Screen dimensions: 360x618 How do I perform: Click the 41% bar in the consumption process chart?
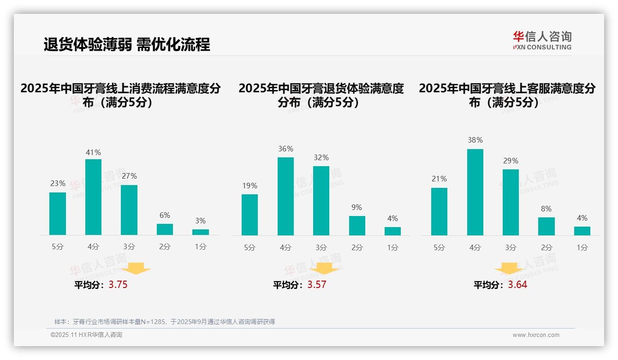pyautogui.click(x=93, y=197)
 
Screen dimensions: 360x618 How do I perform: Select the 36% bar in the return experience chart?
pyautogui.click(x=285, y=196)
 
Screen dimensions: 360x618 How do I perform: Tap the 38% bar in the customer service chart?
pyautogui.click(x=475, y=192)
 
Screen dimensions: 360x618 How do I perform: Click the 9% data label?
pyautogui.click(x=357, y=208)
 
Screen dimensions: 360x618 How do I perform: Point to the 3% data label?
pyautogui.click(x=200, y=221)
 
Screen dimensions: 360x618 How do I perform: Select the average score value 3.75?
pyautogui.click(x=118, y=285)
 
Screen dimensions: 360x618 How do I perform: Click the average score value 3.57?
pyautogui.click(x=317, y=285)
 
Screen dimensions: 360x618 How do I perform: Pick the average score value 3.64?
pyautogui.click(x=517, y=285)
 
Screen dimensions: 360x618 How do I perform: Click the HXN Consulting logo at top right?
pyautogui.click(x=542, y=41)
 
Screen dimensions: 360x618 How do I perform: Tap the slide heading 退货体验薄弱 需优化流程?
pyautogui.click(x=127, y=44)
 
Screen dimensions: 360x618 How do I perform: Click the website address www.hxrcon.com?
pyautogui.click(x=536, y=335)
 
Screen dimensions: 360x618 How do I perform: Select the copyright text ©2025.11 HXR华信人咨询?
pyautogui.click(x=86, y=335)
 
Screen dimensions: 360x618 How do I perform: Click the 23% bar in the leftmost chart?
pyautogui.click(x=58, y=214)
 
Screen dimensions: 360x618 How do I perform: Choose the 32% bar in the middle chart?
pyautogui.click(x=321, y=201)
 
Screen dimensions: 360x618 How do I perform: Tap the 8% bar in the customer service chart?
pyautogui.click(x=546, y=226)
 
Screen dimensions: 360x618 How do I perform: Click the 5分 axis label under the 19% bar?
pyautogui.click(x=250, y=247)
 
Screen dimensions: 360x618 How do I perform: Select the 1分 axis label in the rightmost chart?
pyautogui.click(x=582, y=247)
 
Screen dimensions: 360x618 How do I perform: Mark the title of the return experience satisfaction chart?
pyautogui.click(x=321, y=95)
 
